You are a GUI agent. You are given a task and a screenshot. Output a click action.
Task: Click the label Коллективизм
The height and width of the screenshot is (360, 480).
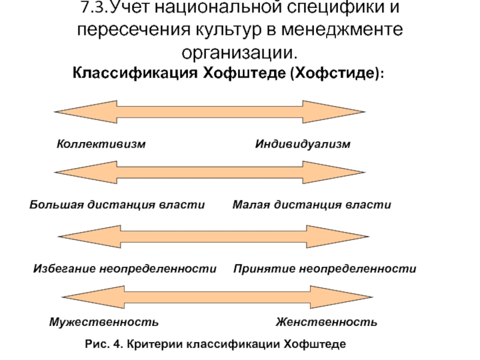(x=101, y=144)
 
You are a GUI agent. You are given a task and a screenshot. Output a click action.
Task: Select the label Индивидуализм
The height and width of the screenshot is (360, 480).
(x=303, y=144)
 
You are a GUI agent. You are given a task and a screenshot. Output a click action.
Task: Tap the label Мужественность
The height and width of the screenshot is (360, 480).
(x=104, y=322)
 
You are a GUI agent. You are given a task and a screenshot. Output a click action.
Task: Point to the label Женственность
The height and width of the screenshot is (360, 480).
(x=326, y=322)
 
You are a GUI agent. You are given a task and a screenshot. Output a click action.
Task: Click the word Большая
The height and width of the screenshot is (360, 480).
(x=56, y=205)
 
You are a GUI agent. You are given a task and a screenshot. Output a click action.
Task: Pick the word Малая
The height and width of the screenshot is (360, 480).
(x=251, y=205)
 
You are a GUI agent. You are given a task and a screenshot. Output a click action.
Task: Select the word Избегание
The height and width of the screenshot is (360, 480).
(x=65, y=268)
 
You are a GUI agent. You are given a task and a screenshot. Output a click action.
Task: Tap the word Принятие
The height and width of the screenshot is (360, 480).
(x=264, y=268)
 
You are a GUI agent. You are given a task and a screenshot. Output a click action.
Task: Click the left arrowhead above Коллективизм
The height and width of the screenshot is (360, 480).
(x=86, y=112)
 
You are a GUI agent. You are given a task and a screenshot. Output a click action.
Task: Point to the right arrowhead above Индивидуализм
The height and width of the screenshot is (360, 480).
(x=334, y=112)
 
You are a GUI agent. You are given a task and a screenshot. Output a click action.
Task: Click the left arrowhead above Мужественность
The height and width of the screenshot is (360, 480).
(x=93, y=297)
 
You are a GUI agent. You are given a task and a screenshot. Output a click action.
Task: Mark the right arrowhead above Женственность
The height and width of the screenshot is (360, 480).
(x=341, y=297)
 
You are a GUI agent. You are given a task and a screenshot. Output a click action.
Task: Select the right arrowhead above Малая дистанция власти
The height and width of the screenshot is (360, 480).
(x=334, y=172)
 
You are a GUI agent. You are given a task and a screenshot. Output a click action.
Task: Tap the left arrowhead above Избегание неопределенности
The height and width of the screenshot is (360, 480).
(x=89, y=236)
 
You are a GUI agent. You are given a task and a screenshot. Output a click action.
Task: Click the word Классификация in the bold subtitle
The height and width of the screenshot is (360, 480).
(x=135, y=73)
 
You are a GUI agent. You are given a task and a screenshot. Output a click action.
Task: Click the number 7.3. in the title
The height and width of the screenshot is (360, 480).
(x=95, y=7)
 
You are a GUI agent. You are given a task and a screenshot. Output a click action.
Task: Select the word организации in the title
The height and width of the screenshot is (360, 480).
(x=239, y=53)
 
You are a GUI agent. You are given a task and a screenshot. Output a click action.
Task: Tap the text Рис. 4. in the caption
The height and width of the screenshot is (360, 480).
(x=104, y=344)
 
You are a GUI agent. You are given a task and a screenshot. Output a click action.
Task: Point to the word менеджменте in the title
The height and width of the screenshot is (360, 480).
(x=342, y=29)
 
